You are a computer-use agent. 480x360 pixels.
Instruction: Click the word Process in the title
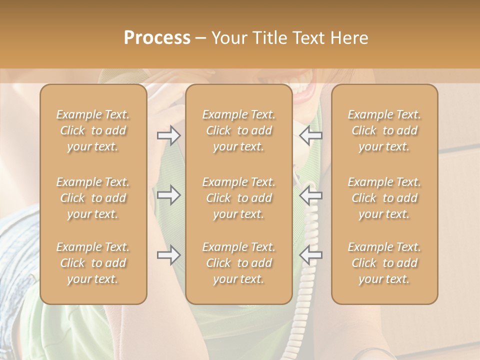point(157,38)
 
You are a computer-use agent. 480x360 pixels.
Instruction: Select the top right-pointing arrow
point(169,135)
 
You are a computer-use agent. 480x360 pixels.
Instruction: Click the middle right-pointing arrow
point(169,195)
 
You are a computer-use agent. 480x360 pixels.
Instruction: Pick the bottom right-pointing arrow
point(169,255)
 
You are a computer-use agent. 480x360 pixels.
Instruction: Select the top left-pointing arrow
point(310,135)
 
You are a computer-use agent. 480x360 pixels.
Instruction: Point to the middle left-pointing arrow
point(310,195)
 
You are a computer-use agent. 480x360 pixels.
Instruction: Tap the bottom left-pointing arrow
point(310,255)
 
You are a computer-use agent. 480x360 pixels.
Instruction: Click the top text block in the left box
point(93,130)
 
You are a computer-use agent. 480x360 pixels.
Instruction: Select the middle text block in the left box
point(93,198)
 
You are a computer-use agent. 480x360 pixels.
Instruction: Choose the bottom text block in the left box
point(93,263)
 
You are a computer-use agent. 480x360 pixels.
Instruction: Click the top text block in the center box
point(239,130)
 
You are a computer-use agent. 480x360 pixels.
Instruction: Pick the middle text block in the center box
point(239,198)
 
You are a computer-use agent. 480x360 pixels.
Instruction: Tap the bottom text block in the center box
point(239,263)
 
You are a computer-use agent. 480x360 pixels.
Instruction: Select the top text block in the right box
point(384,130)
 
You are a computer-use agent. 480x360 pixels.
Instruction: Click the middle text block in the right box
point(384,198)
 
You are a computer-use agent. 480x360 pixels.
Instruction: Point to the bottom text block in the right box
point(384,263)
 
